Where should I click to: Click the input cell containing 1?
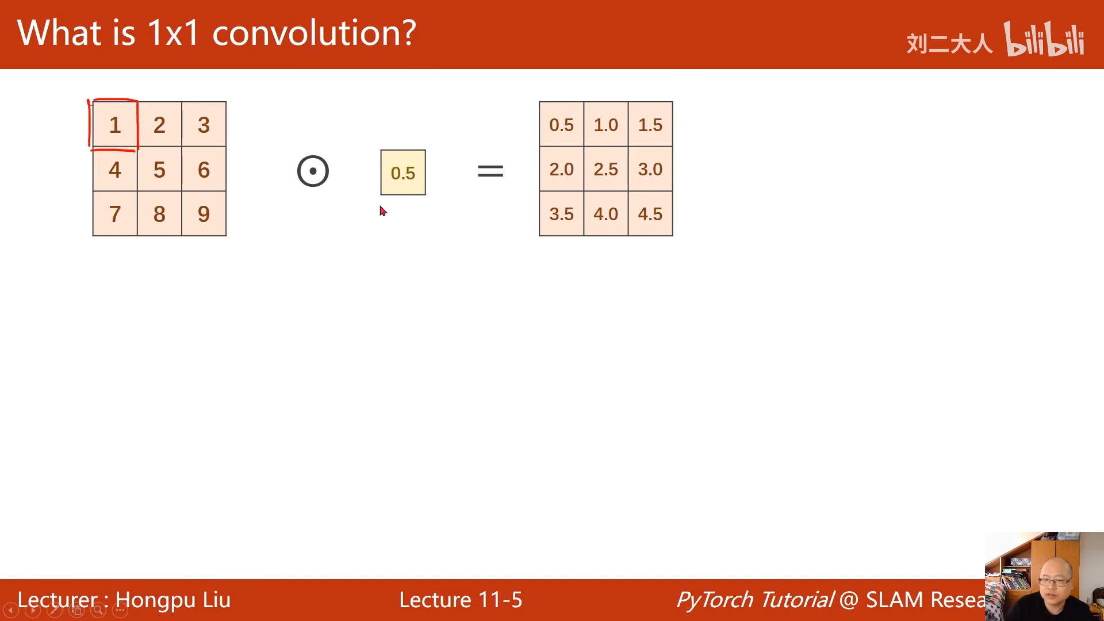(x=115, y=124)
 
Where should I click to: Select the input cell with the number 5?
(x=159, y=169)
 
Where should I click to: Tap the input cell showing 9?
(x=204, y=213)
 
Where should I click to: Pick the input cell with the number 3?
(x=204, y=124)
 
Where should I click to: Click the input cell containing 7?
(x=115, y=213)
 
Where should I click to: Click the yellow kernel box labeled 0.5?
(x=403, y=172)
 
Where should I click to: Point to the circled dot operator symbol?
(x=313, y=171)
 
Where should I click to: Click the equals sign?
(x=490, y=171)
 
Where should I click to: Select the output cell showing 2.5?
(x=606, y=169)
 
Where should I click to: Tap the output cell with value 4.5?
(x=650, y=213)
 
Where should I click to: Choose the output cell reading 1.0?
(x=606, y=124)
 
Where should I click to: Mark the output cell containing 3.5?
(x=562, y=213)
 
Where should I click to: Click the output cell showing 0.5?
(x=562, y=124)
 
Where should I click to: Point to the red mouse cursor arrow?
(x=383, y=211)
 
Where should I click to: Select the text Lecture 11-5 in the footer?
(x=461, y=600)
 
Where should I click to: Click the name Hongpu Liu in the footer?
(x=172, y=600)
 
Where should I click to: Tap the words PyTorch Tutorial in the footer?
(x=755, y=600)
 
